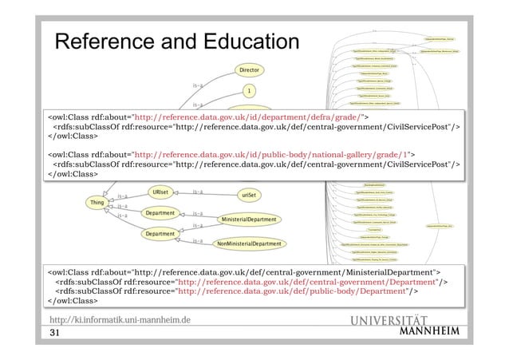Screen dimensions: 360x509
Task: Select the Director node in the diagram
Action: pyautogui.click(x=249, y=70)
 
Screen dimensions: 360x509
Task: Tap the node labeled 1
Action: pyautogui.click(x=249, y=91)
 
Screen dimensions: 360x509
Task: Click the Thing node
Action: pyautogui.click(x=97, y=204)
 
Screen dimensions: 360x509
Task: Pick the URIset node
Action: pyautogui.click(x=160, y=193)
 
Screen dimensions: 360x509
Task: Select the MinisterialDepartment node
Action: pyautogui.click(x=249, y=219)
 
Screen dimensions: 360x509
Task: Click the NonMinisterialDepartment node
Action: pyautogui.click(x=250, y=243)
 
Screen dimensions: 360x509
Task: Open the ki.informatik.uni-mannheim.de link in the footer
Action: pyautogui.click(x=120, y=320)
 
